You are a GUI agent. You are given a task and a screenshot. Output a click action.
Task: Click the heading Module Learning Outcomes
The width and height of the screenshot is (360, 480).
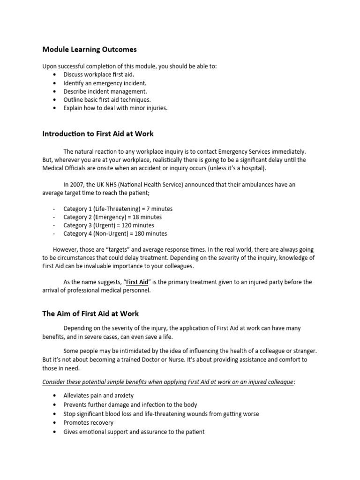click(90, 49)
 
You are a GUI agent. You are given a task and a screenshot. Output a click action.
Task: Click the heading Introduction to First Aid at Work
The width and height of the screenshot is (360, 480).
click(97, 134)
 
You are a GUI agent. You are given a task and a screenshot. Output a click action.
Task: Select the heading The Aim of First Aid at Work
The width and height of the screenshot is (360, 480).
click(90, 313)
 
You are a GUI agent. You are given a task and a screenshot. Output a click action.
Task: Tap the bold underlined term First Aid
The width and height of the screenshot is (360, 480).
click(137, 282)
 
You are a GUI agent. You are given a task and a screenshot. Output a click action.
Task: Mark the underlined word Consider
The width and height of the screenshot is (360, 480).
click(55, 382)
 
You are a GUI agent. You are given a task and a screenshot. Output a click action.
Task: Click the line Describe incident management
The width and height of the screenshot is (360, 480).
click(105, 91)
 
